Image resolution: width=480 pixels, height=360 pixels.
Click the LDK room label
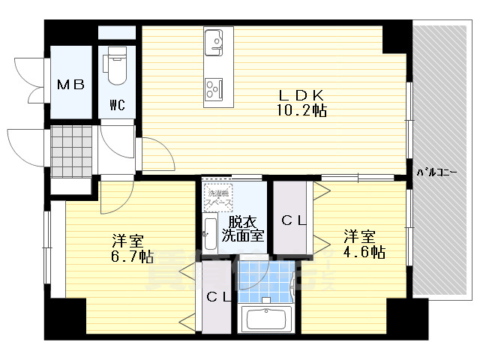[301, 95]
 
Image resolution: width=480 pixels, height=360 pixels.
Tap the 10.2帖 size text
[301, 110]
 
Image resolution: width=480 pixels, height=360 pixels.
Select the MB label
[71, 85]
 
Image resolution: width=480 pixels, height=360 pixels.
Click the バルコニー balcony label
[436, 173]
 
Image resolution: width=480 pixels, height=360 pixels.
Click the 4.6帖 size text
[365, 252]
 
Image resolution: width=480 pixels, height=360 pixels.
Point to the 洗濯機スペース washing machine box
[220, 196]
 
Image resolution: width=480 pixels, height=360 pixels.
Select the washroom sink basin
[210, 232]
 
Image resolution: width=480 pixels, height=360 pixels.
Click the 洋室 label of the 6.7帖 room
[127, 241]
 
